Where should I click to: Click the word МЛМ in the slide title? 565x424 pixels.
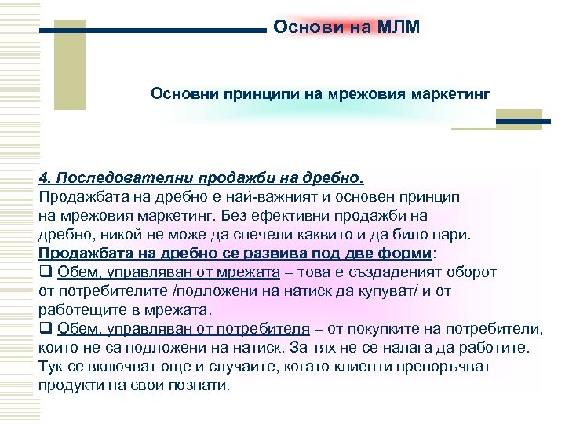click(399, 27)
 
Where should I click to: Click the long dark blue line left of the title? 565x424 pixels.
click(153, 31)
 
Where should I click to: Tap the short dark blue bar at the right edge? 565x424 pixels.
click(525, 122)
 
